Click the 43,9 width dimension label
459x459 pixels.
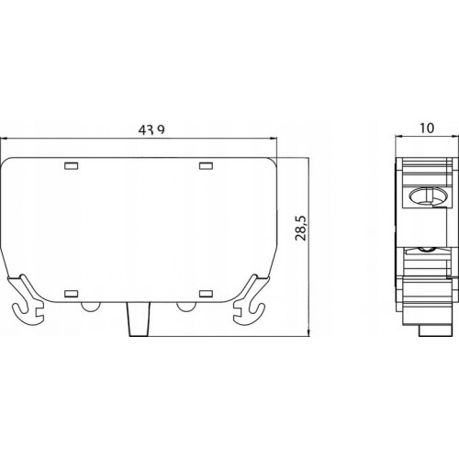151,129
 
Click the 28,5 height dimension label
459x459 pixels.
301,228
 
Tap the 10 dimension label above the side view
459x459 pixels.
427,128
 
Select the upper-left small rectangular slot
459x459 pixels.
72,166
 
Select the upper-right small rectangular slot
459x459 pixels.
206,165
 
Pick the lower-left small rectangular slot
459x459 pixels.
72,294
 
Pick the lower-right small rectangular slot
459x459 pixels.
206,294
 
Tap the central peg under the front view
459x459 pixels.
139,319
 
